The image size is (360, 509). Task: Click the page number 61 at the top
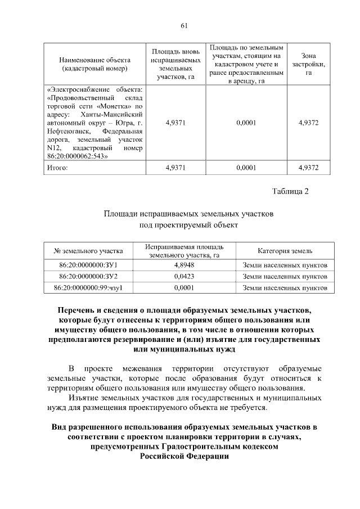tap(183, 24)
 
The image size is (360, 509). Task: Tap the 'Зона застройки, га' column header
tap(308, 64)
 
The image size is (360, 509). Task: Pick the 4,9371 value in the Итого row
tap(176, 167)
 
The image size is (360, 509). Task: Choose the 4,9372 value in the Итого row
tap(308, 167)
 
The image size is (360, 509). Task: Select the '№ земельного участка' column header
tap(88, 251)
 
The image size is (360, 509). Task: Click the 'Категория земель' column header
tap(285, 251)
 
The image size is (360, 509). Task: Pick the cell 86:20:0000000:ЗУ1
tap(88, 264)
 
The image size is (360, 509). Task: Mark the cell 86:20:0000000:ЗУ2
tap(88, 276)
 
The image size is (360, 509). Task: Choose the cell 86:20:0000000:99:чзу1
tap(88, 288)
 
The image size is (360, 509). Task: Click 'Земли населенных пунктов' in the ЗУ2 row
tap(285, 276)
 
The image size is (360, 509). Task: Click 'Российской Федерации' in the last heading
tap(184, 456)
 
